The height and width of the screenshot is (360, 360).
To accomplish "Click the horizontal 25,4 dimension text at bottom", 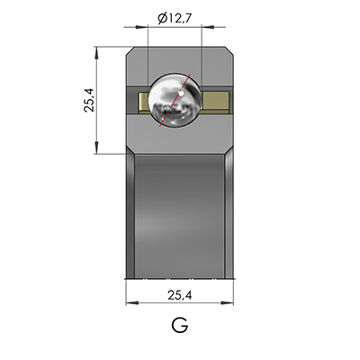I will pos(180,294).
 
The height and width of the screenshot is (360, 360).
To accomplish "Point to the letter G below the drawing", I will pos(179,327).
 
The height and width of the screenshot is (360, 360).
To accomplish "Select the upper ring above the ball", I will pos(180,58).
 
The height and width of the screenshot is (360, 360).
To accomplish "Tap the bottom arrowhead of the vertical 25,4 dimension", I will pos(94,150).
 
